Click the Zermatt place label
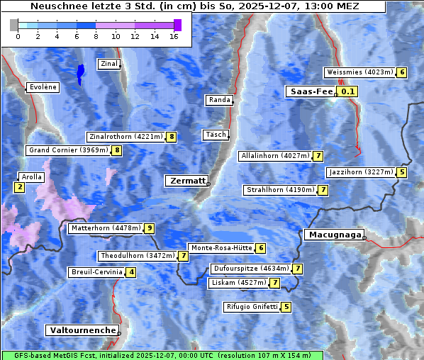[186, 181]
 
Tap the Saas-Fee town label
[310, 91]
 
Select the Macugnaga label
[333, 235]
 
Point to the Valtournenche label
[82, 330]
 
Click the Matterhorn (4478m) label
[105, 228]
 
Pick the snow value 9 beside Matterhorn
[149, 228]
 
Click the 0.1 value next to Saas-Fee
[347, 91]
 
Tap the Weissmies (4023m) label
[359, 72]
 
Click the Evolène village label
[42, 87]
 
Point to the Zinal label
[109, 64]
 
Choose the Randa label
[219, 100]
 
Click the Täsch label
[215, 135]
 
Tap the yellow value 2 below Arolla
[19, 187]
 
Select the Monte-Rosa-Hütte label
[221, 248]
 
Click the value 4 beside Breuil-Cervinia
[130, 272]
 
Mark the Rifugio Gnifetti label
[252, 307]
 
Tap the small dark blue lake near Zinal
[80, 72]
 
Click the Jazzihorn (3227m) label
[360, 172]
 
